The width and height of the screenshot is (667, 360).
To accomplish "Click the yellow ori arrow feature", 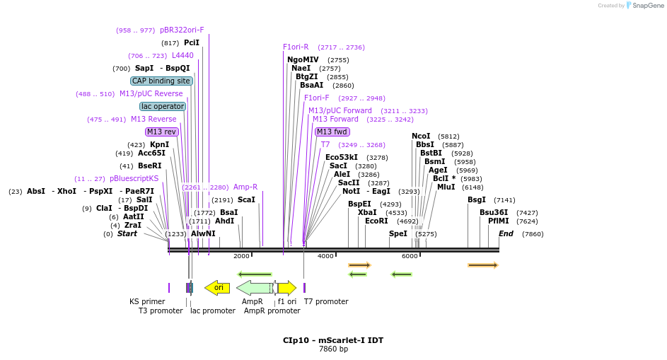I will (217, 288).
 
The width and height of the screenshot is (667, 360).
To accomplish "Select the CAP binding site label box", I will (161, 81).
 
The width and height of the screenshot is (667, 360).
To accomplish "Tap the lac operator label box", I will (163, 107).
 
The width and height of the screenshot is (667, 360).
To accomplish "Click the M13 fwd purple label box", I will (332, 132).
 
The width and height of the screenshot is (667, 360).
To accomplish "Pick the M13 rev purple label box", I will (162, 132).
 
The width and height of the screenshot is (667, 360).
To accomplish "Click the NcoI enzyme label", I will (421, 137).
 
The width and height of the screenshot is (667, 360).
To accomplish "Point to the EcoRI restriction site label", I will (376, 221).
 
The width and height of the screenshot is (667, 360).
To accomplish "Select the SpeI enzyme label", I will (398, 233).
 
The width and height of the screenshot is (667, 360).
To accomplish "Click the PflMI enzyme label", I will (498, 221).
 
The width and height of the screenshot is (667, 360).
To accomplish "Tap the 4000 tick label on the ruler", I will (325, 256).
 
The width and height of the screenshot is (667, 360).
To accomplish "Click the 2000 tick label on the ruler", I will (241, 256).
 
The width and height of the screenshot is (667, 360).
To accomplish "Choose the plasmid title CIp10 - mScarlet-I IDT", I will (333, 340).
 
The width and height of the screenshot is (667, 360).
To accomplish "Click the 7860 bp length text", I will (333, 349).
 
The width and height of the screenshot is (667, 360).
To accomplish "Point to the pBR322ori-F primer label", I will (182, 30).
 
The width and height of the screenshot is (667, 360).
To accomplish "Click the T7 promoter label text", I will (326, 301).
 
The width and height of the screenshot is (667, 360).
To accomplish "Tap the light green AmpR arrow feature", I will (254, 288).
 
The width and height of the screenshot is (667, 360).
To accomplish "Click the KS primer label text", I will (147, 301).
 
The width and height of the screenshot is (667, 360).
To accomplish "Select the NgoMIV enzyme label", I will (303, 60).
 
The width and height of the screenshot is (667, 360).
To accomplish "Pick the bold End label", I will (506, 233).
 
